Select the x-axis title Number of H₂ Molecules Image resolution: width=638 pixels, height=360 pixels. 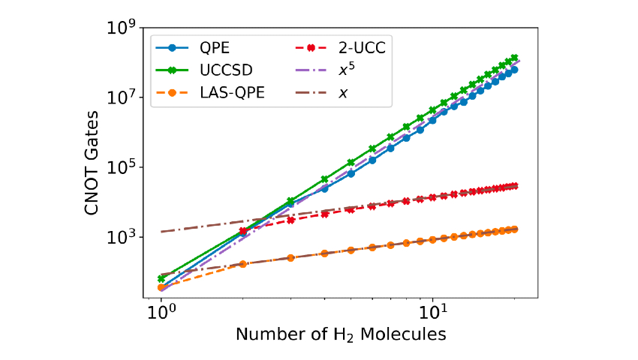pos(342,334)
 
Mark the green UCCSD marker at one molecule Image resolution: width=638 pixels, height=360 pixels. pos(161,278)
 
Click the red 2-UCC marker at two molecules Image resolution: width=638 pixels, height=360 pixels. pos(243,231)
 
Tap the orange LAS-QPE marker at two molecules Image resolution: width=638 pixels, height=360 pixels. pos(243,264)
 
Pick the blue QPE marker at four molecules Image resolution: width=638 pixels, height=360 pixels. pos(325,189)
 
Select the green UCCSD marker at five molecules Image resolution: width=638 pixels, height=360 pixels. pos(351,163)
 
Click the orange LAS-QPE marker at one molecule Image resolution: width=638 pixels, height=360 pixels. pos(161,287)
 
